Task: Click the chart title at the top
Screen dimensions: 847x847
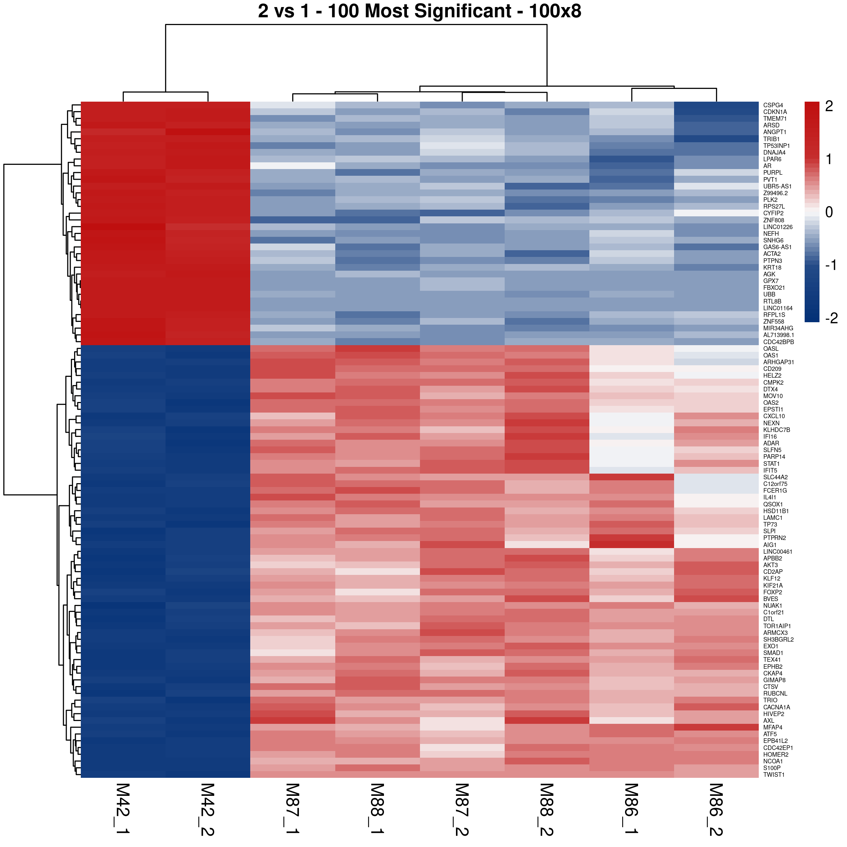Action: click(x=420, y=11)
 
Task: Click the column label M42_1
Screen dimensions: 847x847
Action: click(x=123, y=809)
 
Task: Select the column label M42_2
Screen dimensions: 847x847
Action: click(x=208, y=809)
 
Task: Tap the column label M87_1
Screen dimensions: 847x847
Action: click(x=293, y=809)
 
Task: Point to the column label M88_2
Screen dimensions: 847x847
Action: click(x=547, y=809)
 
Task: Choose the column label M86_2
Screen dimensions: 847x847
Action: click(x=716, y=809)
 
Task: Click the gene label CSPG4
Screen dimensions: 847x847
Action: click(x=773, y=106)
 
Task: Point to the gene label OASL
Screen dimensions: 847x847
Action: click(x=771, y=349)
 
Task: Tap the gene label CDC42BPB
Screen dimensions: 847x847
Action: click(x=778, y=342)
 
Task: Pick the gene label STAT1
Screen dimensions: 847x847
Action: click(x=771, y=464)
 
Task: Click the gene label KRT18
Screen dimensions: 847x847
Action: click(x=772, y=268)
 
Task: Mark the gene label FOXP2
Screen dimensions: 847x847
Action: click(x=773, y=592)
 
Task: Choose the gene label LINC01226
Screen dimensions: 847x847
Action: click(x=778, y=227)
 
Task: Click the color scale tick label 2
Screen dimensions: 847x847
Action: click(x=829, y=107)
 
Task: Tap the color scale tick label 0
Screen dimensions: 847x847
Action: click(x=829, y=212)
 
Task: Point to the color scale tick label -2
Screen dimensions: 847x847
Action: click(x=831, y=318)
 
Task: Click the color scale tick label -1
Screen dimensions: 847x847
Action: click(x=831, y=265)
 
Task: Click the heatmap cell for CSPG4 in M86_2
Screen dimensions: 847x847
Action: click(x=716, y=105)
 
